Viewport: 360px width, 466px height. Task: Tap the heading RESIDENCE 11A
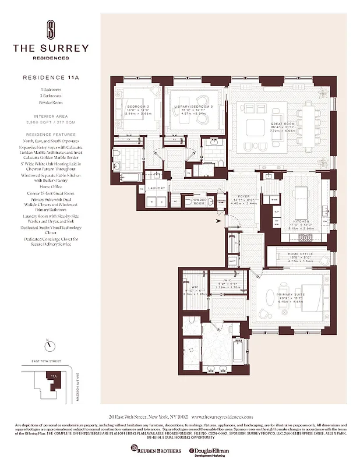click(x=51, y=77)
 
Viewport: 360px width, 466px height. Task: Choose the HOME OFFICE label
click(x=301, y=253)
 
